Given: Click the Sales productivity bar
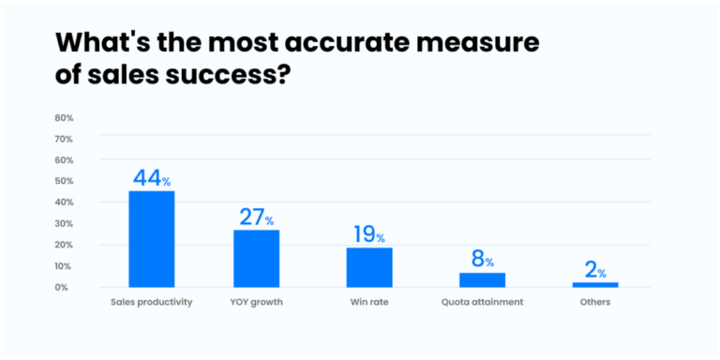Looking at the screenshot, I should tap(151, 239).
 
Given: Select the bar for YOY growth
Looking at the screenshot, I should tap(256, 258).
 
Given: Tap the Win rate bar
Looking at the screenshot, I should tap(369, 267).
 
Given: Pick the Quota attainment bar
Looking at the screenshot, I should tap(482, 279).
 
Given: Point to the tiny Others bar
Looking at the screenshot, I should tap(595, 284).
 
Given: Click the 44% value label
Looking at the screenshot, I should tap(151, 177).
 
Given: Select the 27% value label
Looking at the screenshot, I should tap(256, 217).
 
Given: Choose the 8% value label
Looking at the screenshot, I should tap(482, 260).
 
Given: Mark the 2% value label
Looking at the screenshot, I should tap(595, 270).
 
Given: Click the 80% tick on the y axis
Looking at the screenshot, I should tap(64, 118).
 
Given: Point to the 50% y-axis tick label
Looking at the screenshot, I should tap(64, 181).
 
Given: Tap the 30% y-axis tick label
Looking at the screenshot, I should tap(64, 223).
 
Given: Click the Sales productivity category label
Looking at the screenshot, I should tap(152, 303).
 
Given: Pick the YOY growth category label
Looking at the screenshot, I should tap(256, 303).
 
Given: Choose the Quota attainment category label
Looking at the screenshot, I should tap(482, 303).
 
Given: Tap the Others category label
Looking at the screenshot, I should tap(595, 303).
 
